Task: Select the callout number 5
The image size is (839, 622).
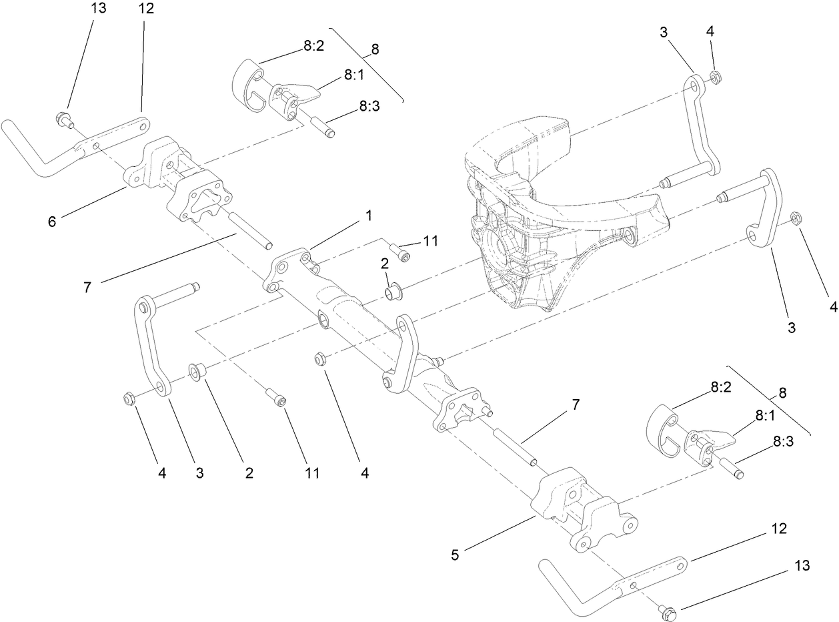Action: (x=455, y=555)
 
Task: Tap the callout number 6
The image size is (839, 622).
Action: (x=52, y=222)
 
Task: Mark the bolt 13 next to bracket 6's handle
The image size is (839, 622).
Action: (x=63, y=120)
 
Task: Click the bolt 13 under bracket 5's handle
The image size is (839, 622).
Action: (x=666, y=609)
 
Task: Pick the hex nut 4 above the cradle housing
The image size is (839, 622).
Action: (x=713, y=78)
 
